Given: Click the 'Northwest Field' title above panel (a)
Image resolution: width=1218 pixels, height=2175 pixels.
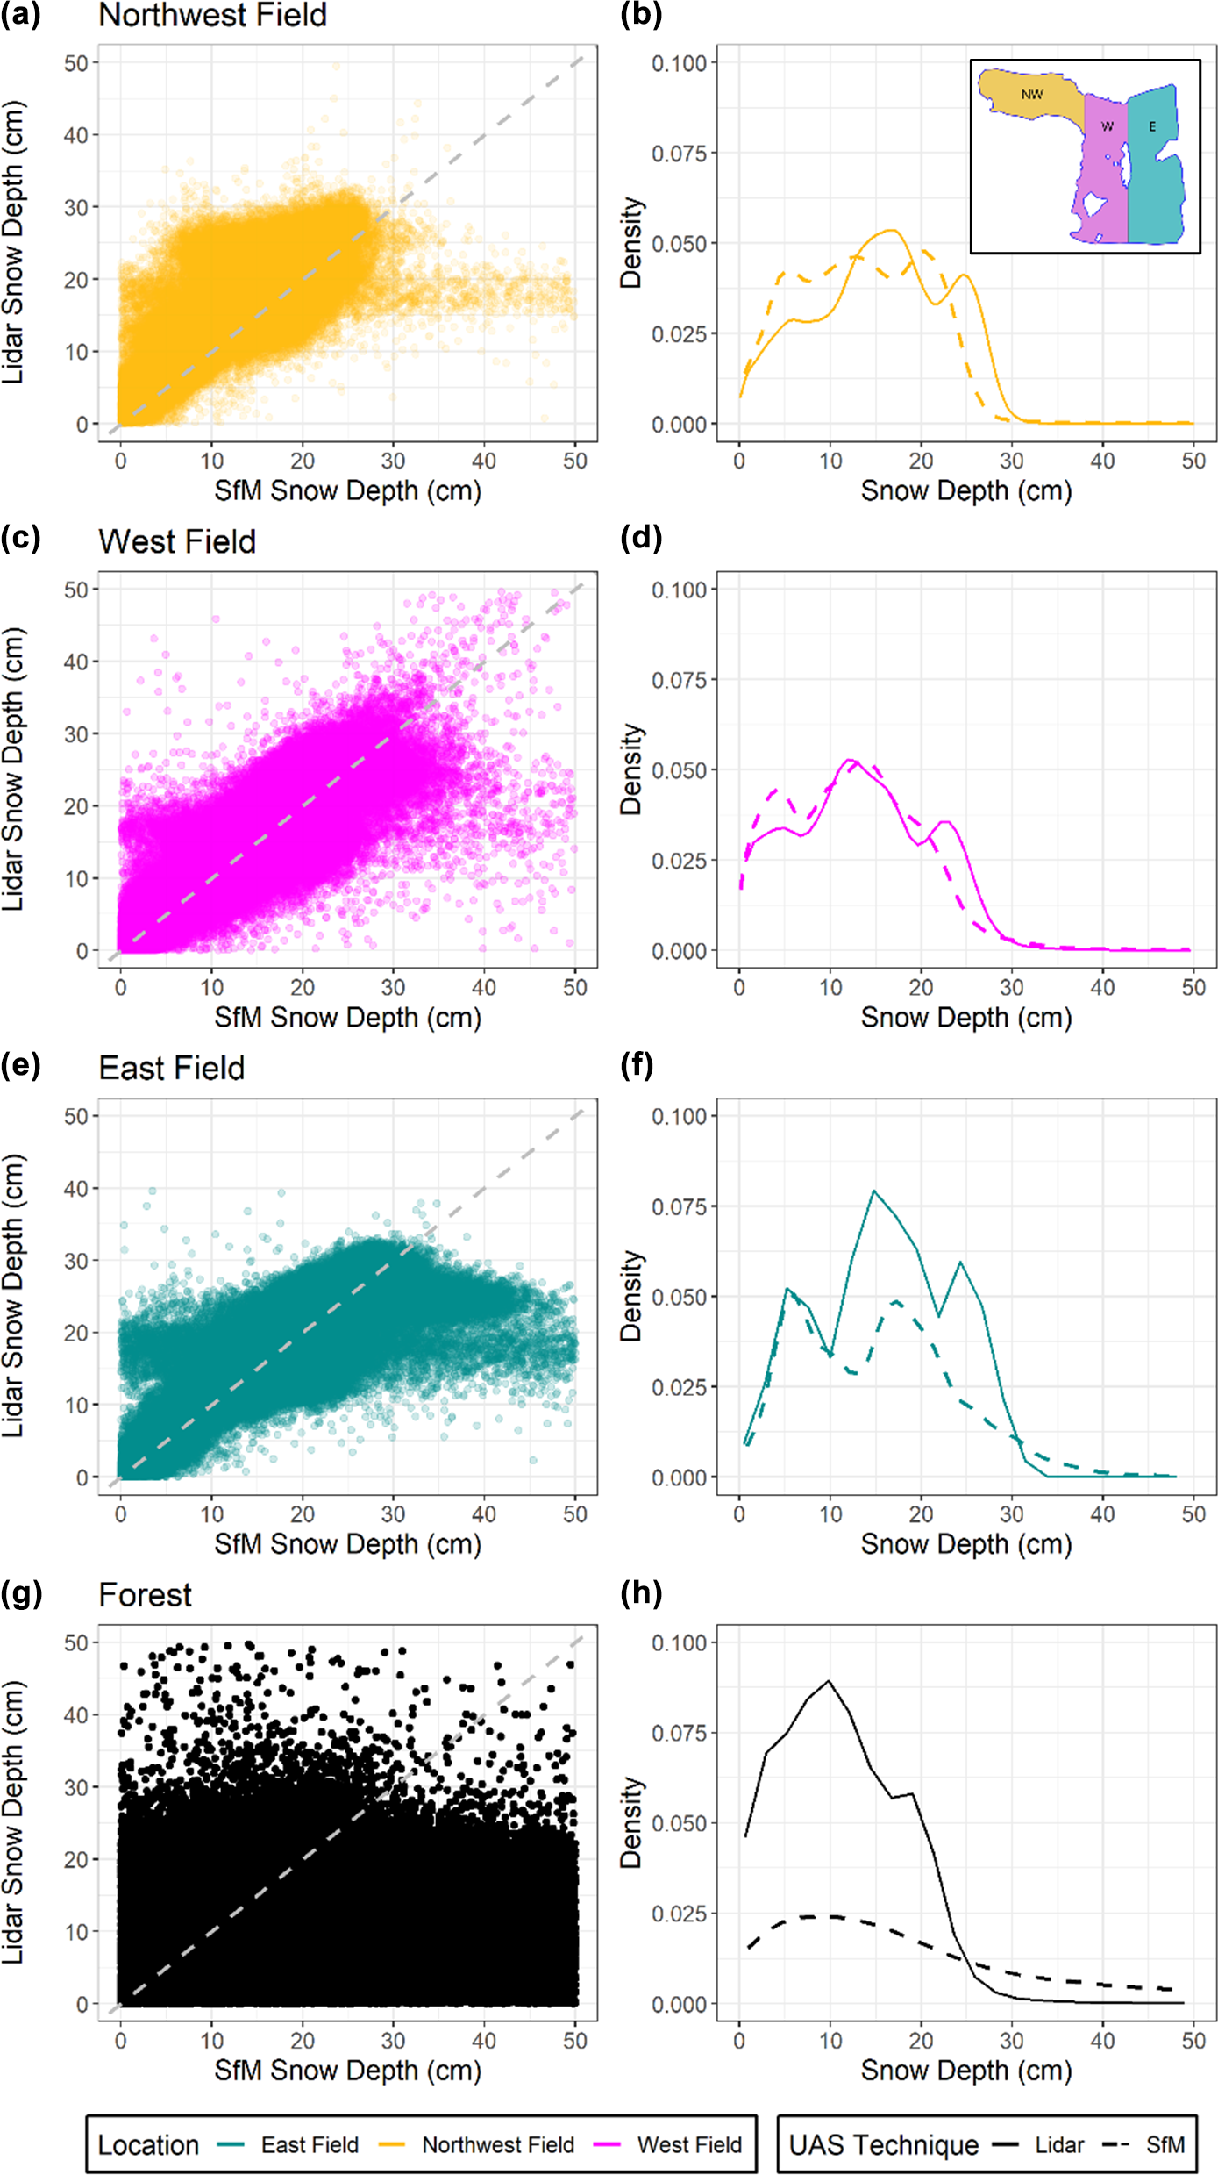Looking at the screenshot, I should coord(212,16).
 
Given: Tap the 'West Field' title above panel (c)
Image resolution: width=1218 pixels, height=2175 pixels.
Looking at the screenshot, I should coord(177,542).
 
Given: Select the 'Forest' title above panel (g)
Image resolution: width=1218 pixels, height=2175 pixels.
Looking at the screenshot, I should coord(145,1595).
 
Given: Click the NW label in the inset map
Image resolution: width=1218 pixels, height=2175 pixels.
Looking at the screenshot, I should coord(1032,95).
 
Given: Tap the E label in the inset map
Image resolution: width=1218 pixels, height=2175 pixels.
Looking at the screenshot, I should coord(1152,127).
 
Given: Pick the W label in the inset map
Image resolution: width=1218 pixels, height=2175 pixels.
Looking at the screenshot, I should coord(1107,127).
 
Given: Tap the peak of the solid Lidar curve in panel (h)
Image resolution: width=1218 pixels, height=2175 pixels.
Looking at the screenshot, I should coord(829,1682).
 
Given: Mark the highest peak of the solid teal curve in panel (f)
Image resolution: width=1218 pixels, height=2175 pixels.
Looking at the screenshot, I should coord(873,1191).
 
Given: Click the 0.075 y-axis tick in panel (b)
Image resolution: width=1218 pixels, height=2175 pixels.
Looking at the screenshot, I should coord(679,154).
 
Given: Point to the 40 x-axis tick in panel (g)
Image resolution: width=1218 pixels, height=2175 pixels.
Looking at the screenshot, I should coord(484,2041).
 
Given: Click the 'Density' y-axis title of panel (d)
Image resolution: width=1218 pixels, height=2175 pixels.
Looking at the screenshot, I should coord(631,769).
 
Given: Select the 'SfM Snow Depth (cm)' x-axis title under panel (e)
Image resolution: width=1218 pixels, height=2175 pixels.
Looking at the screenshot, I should coord(348,1543).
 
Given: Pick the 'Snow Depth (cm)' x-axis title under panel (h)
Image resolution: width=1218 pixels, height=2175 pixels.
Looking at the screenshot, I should coord(966,2070).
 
